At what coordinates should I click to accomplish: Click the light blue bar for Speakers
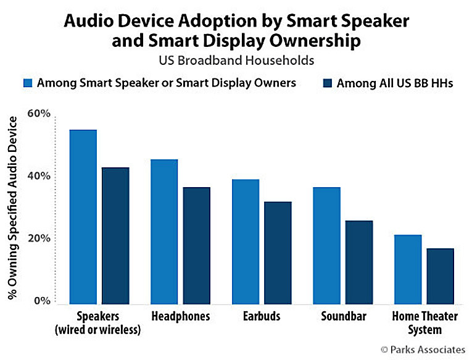[83, 217]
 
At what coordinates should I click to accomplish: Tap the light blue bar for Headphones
[164, 232]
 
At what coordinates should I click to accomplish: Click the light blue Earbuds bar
[245, 241]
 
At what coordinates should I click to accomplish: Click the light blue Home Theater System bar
[408, 269]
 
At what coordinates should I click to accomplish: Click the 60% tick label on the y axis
[38, 114]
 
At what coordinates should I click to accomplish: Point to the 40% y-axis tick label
[38, 177]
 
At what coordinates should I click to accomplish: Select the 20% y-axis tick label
[38, 239]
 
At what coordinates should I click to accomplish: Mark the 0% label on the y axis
[41, 301]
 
